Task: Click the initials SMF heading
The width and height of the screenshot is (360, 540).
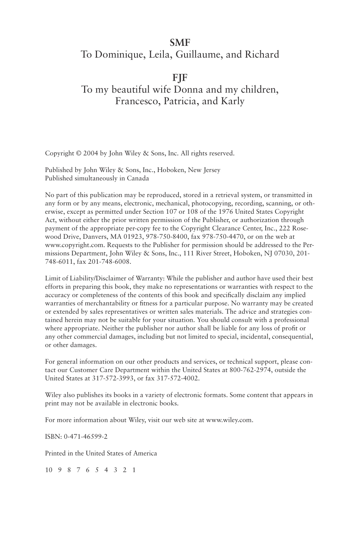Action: pos(180,42)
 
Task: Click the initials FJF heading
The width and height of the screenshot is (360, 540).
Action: pos(180,78)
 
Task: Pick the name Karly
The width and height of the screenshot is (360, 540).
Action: pos(232,102)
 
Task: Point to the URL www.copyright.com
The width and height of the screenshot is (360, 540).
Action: pos(72,245)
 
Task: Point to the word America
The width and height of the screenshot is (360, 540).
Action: pos(144,453)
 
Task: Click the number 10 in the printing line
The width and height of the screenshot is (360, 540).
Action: pos(49,470)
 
